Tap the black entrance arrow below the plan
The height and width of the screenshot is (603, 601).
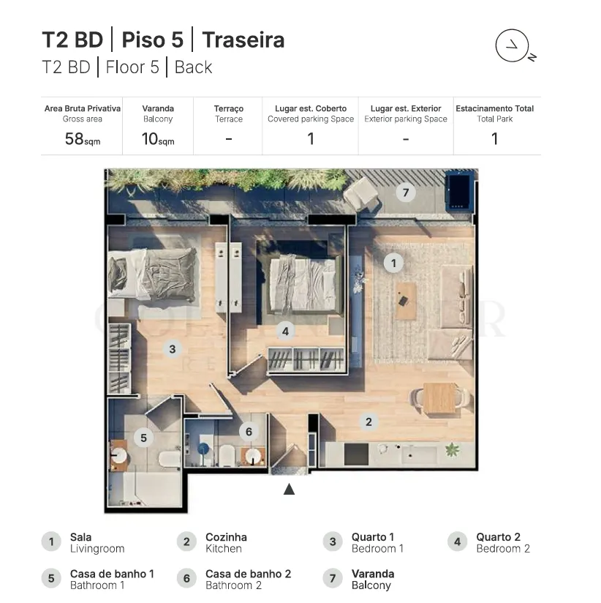[289, 489]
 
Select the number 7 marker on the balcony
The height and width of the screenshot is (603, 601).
[406, 192]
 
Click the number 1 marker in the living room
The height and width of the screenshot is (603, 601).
[393, 263]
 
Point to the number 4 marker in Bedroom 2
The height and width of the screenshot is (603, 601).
[285, 331]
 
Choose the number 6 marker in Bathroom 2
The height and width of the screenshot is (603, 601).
[249, 432]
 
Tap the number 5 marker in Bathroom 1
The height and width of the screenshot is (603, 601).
[144, 438]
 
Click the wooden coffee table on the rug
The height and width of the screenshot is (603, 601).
[406, 301]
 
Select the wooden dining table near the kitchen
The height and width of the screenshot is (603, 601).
[439, 397]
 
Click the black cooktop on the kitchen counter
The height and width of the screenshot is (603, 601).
[356, 454]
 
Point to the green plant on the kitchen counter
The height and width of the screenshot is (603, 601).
[452, 449]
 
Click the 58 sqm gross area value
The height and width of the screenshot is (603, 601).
[83, 139]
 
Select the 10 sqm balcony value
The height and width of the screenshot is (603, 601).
[158, 139]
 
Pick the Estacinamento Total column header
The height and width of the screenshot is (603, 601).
[495, 108]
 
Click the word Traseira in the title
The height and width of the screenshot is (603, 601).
[243, 40]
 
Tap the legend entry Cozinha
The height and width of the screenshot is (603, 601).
[227, 537]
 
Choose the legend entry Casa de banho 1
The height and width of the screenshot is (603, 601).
[112, 574]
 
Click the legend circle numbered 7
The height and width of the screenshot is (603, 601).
[333, 578]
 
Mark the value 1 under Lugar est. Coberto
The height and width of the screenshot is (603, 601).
[311, 139]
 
